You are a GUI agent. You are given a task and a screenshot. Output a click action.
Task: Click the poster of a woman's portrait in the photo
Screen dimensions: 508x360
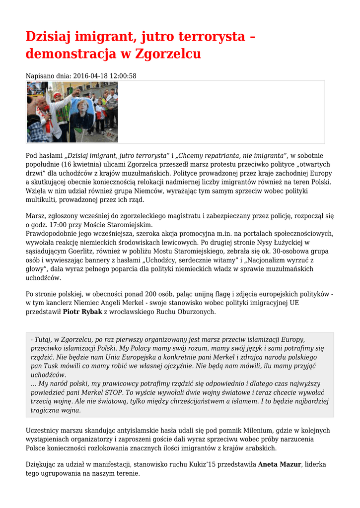[x=81, y=116]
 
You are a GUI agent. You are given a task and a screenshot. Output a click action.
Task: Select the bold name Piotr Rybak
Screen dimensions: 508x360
[x=82, y=312]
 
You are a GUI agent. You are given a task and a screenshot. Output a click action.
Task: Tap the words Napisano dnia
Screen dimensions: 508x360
[x=48, y=76]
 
